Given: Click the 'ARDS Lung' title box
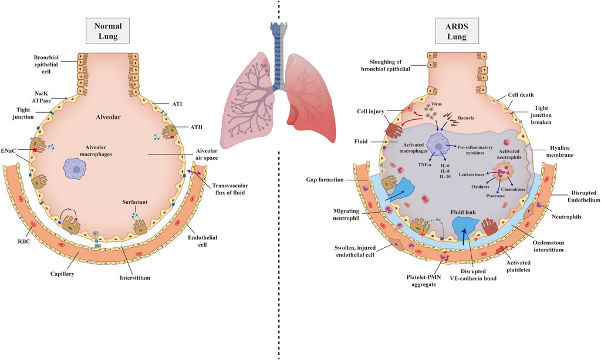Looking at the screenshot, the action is tap(457, 31).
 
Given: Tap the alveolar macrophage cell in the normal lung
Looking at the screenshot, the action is tap(76, 169).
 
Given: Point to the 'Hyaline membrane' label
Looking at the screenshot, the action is tap(560, 151).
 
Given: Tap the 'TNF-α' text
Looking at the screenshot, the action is tap(424, 165).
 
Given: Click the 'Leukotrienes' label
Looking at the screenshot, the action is tap(471, 174).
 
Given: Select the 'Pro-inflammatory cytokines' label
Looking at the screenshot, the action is tap(475, 150).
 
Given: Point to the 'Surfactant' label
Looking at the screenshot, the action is tap(135, 202).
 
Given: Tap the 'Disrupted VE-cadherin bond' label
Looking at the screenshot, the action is tap(473, 274).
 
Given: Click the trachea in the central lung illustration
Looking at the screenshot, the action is tap(278, 56).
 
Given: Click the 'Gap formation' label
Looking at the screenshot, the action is tap(325, 180).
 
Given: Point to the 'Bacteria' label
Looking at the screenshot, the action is tap(466, 118).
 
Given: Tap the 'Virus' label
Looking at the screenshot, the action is tap(436, 104).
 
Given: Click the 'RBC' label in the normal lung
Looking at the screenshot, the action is tap(23, 241).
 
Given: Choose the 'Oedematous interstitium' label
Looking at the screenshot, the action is tap(548, 246).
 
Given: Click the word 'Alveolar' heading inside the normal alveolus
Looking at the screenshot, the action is tap(108, 117).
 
